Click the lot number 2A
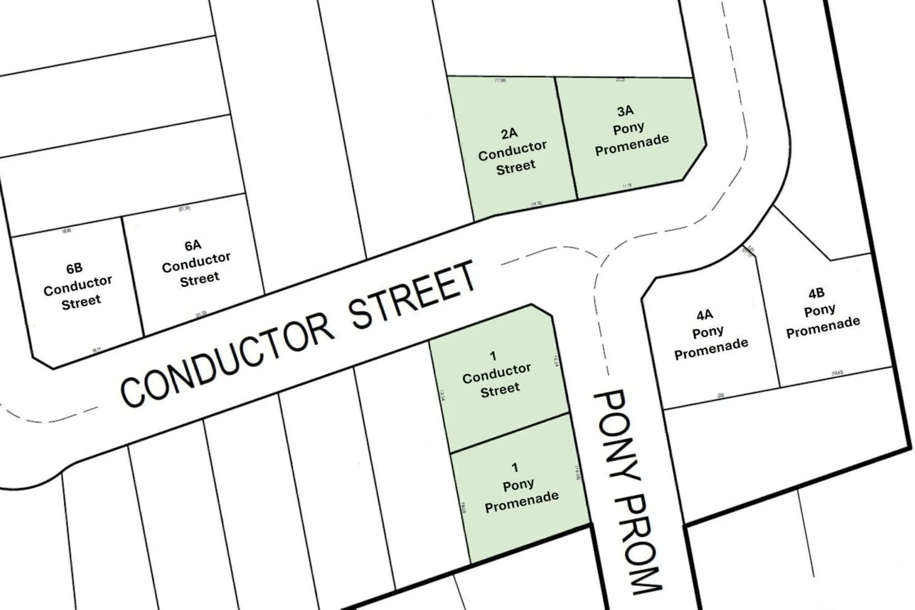coord(509,133)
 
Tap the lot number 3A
coord(625,111)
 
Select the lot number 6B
coord(74,268)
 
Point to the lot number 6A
coord(193,245)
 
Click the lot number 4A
coord(704,315)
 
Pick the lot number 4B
coord(816,293)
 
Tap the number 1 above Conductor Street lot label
coord(493,356)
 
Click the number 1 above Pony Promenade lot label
coord(515,467)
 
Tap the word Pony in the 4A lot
coord(708,332)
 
